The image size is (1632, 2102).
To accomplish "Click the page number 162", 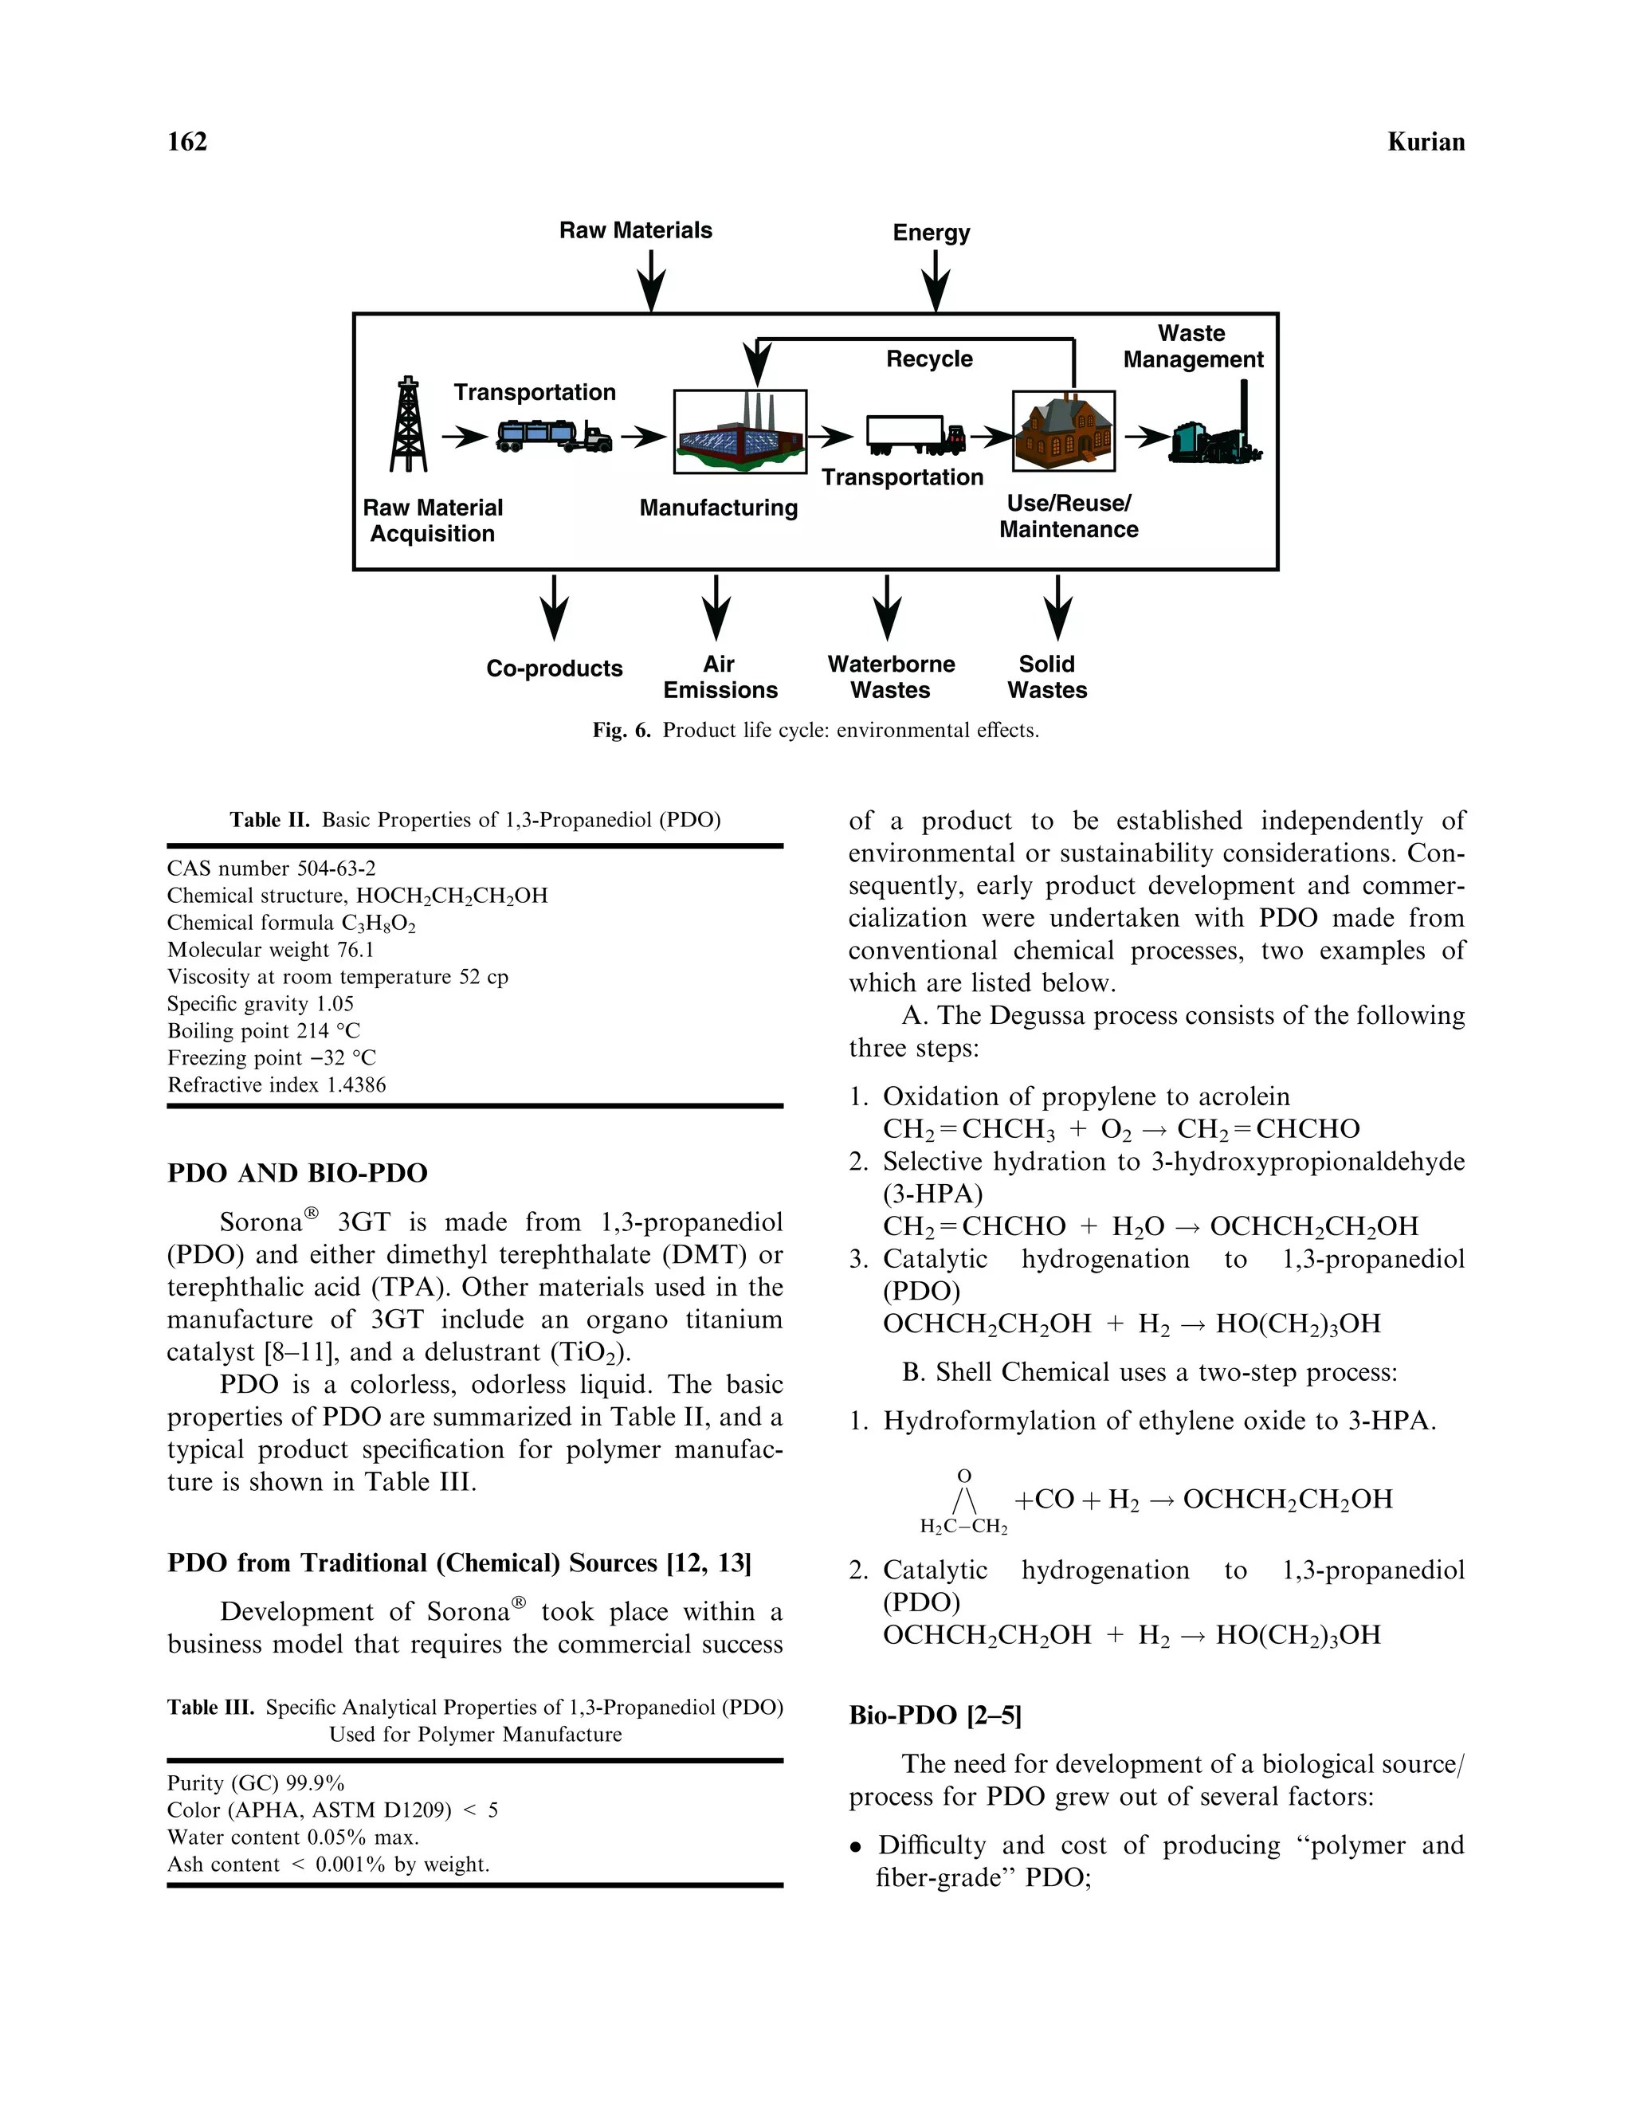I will [x=186, y=142].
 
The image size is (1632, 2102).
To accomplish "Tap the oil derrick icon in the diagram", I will [x=409, y=425].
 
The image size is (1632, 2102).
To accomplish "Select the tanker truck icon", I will [x=553, y=436].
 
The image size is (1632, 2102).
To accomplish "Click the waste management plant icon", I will [x=1218, y=430].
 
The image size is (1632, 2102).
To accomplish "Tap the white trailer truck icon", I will [x=914, y=435].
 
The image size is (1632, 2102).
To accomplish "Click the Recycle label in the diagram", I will [x=928, y=359].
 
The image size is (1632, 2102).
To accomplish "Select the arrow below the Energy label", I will [x=936, y=280].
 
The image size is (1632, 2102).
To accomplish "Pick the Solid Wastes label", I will [x=1047, y=676].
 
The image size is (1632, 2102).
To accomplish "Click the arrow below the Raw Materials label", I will [x=652, y=280].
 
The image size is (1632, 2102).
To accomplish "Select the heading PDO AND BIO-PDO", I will [x=297, y=1173].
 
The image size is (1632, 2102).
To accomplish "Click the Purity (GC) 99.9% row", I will [x=256, y=1782].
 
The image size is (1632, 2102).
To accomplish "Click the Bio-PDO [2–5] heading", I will [x=935, y=1715].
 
